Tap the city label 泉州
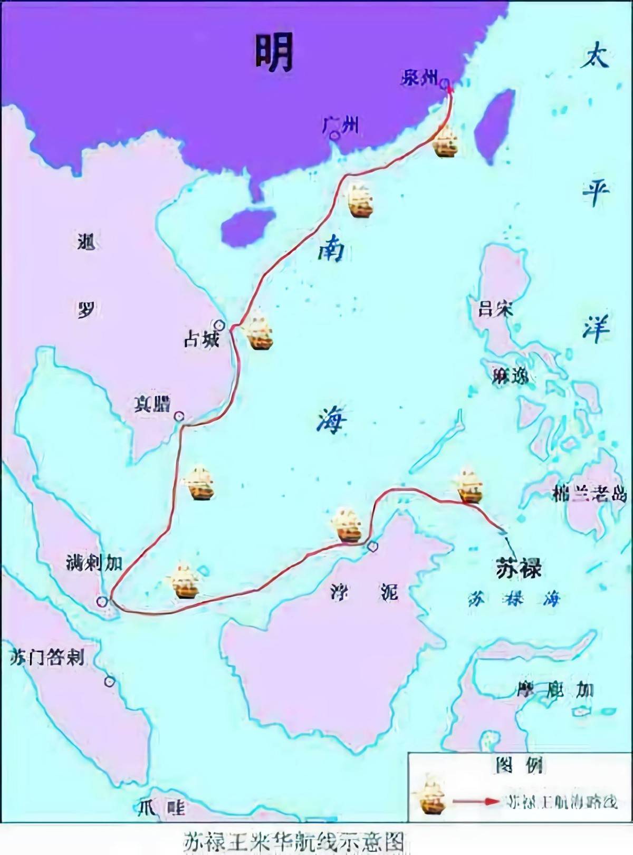coord(420,78)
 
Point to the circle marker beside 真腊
coord(179,416)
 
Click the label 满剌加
coord(94,563)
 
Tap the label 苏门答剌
coord(47,657)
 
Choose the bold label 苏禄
coord(519,569)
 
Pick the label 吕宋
coord(495,309)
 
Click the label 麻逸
coord(510,377)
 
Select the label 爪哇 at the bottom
coord(161,808)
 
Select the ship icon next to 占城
coord(258,331)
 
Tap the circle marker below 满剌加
coord(102,601)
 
